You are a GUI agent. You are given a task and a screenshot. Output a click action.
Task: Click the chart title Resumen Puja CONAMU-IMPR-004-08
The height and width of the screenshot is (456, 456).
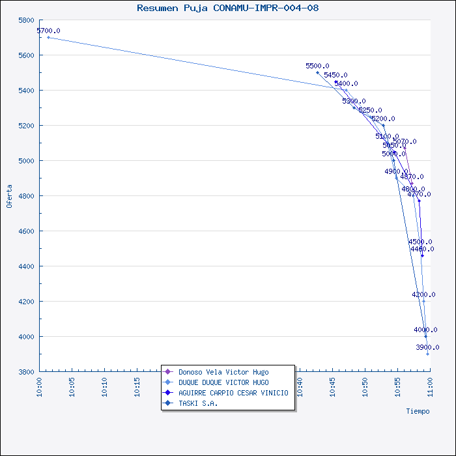(x=227, y=8)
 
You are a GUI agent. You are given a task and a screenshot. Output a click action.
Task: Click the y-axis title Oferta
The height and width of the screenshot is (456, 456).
(x=9, y=195)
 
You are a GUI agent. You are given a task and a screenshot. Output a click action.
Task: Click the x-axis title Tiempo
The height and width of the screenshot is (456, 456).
(x=418, y=411)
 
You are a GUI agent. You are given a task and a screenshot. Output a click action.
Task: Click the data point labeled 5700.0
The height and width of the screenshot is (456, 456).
(x=48, y=37)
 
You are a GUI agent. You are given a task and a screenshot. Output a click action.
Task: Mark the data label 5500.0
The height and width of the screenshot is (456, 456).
(x=317, y=66)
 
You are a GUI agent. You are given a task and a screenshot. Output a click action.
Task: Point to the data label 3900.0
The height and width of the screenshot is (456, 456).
(x=427, y=347)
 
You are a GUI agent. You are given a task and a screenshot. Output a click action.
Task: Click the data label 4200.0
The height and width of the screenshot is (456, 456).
(x=423, y=294)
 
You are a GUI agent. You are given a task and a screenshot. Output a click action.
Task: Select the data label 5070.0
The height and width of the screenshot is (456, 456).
(x=405, y=141)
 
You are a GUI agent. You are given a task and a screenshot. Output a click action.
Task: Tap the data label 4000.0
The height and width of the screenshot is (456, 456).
(x=425, y=330)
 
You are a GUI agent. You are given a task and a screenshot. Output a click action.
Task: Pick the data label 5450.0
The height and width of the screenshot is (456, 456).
(x=335, y=75)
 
